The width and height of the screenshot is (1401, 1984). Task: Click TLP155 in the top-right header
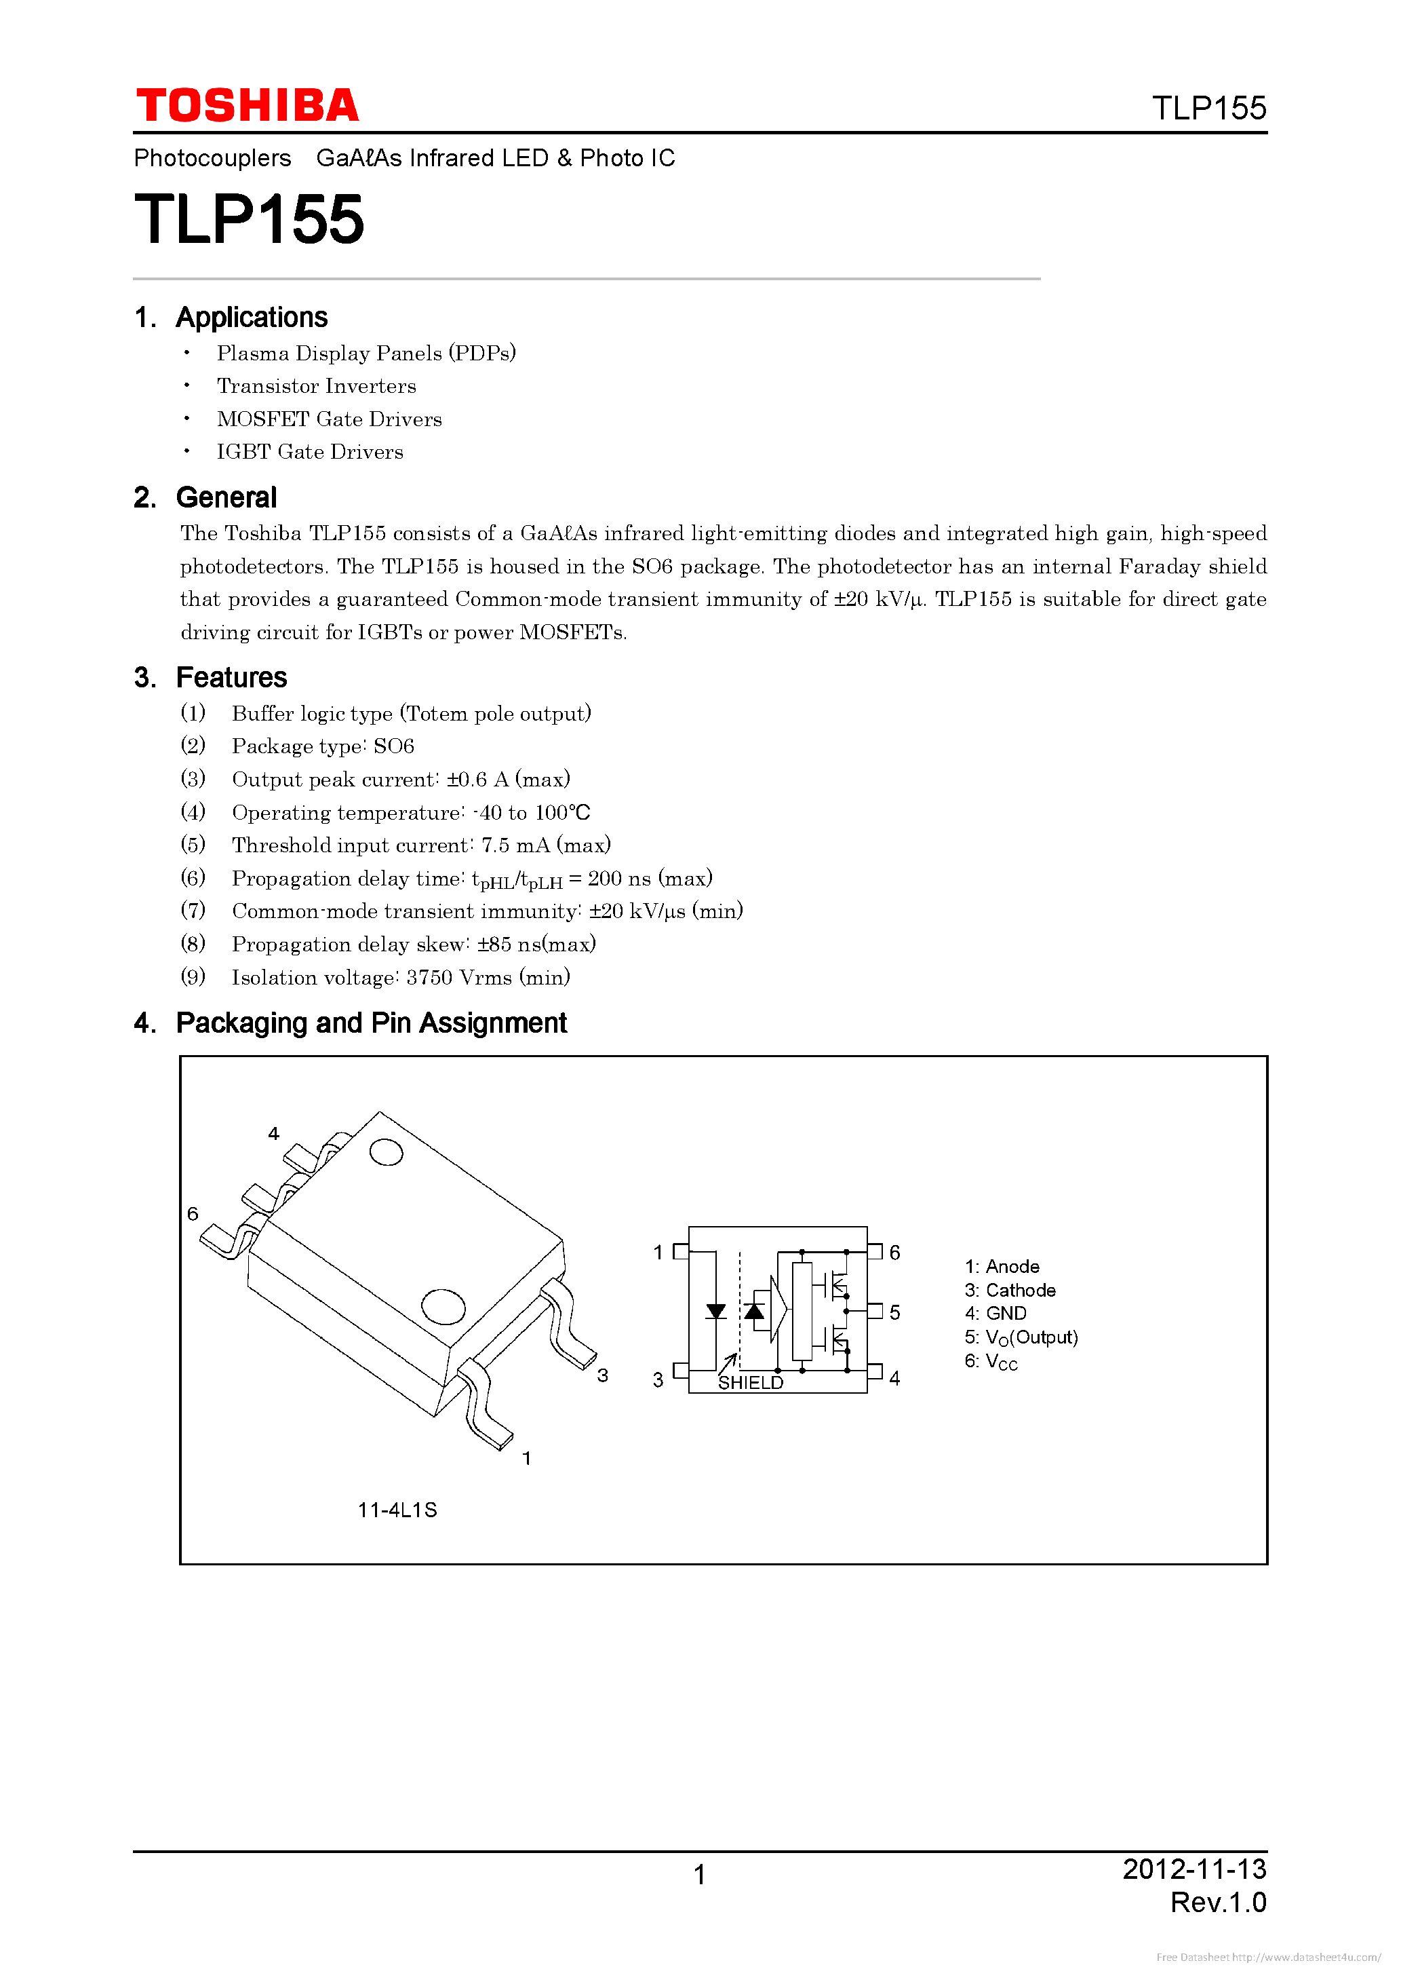click(x=1208, y=109)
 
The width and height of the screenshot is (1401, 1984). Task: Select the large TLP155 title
click(x=249, y=219)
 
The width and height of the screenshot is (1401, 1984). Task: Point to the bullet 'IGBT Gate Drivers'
click(x=309, y=452)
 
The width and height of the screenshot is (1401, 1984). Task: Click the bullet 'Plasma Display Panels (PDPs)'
click(x=366, y=354)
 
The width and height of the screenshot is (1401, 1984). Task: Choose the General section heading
click(x=226, y=498)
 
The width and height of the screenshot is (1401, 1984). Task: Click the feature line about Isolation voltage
click(x=401, y=977)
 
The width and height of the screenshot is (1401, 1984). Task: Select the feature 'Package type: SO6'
click(x=323, y=746)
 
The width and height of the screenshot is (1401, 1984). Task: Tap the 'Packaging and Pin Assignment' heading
click(x=372, y=1023)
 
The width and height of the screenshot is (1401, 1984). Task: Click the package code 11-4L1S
click(x=397, y=1510)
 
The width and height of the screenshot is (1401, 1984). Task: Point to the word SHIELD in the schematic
click(x=751, y=1383)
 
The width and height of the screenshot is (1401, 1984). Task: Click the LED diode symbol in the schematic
click(x=715, y=1312)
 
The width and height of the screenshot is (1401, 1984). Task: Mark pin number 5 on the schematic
click(x=895, y=1312)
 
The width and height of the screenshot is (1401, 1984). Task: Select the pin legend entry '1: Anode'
click(x=1002, y=1267)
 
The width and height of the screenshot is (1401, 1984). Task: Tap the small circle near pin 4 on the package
click(x=386, y=1152)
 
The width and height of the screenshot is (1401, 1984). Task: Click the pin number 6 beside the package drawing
click(x=193, y=1214)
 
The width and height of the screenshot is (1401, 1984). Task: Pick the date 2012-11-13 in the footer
click(x=1193, y=1869)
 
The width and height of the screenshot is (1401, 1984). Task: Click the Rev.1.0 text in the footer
click(x=1218, y=1903)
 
